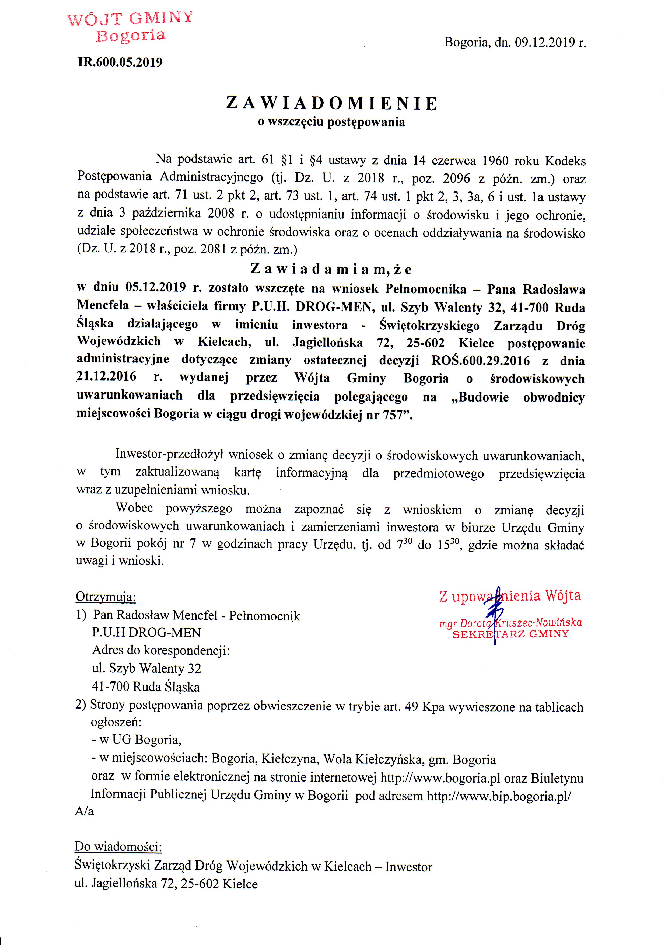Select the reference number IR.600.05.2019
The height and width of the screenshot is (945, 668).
pos(120,62)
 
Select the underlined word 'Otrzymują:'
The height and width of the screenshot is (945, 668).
pos(106,597)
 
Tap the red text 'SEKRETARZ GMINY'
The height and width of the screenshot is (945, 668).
pos(510,634)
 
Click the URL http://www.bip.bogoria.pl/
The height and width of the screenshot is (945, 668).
pos(499,796)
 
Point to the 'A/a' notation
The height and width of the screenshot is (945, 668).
pos(84,811)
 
